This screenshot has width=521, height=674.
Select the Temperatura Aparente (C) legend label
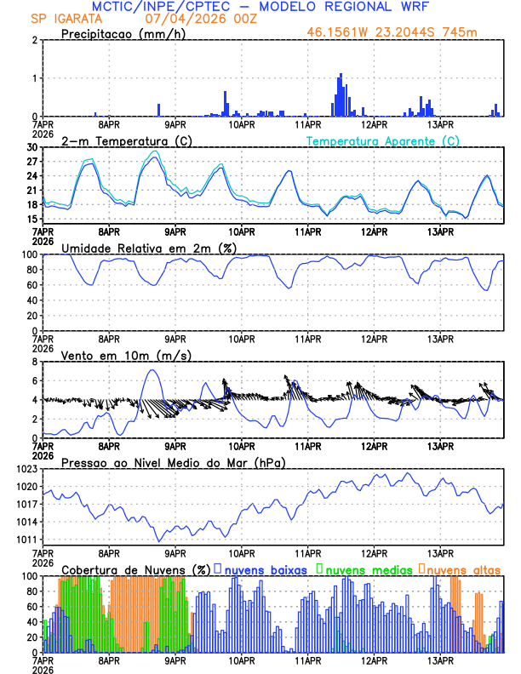click(383, 140)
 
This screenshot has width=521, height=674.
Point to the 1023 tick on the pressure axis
click(26, 469)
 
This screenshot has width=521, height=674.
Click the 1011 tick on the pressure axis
click(26, 540)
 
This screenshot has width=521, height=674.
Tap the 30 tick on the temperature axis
click(32, 147)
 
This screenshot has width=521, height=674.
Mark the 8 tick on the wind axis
click(35, 361)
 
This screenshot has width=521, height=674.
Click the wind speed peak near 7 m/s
click(152, 370)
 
